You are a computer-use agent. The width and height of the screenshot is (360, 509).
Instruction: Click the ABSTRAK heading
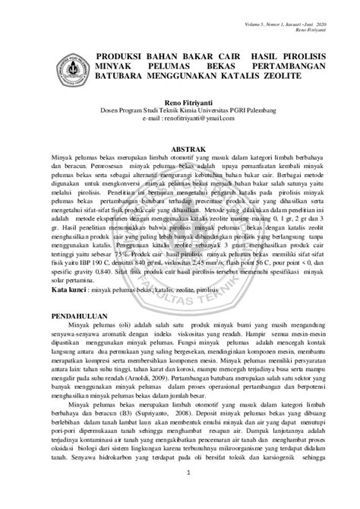180,150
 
